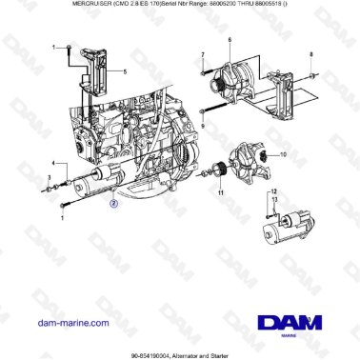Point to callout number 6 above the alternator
230,41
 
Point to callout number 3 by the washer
50,178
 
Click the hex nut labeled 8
312,73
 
